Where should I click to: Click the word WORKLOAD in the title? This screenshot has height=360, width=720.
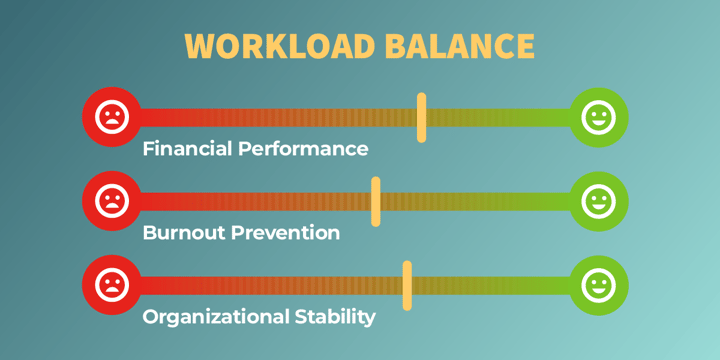pos(263,47)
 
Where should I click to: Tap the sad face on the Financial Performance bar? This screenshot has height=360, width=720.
pos(111,117)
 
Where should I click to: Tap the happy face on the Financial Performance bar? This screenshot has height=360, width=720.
pos(598,117)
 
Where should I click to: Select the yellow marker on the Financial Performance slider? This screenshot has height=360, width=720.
pos(422,117)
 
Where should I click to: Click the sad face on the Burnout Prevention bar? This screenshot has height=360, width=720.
pos(111,201)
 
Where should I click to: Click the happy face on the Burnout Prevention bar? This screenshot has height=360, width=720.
pos(598,201)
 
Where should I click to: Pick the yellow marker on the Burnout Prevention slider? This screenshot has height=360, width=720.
pos(376,201)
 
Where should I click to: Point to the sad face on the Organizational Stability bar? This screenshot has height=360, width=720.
pos(111,285)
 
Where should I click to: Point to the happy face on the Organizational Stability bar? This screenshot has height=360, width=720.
pos(598,285)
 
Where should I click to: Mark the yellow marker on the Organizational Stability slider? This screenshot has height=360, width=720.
pos(407,285)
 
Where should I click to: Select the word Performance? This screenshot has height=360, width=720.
pos(306,149)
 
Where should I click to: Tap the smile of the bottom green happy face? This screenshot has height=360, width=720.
pos(598,292)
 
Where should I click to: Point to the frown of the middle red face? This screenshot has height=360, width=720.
pos(111,208)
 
